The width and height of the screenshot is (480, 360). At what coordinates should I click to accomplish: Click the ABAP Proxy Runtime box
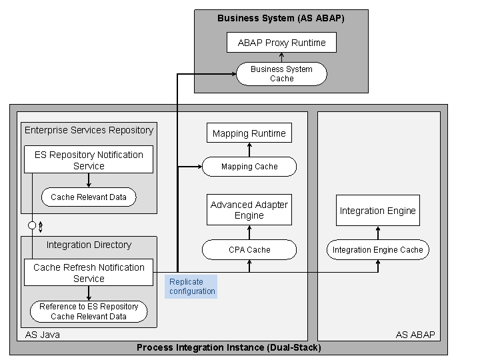click(x=281, y=43)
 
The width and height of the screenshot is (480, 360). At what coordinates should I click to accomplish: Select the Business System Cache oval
click(x=281, y=74)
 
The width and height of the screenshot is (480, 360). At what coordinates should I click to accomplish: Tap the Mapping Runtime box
click(x=249, y=133)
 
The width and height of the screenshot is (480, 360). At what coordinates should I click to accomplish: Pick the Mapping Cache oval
click(x=249, y=167)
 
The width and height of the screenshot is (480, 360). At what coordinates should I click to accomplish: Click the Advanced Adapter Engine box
click(x=249, y=210)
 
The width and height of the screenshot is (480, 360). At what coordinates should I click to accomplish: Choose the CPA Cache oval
click(x=249, y=250)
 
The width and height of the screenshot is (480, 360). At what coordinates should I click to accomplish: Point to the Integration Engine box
click(x=377, y=211)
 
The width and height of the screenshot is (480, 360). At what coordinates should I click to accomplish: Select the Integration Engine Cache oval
click(x=377, y=250)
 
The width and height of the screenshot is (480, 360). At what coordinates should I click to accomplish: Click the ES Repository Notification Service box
click(x=89, y=160)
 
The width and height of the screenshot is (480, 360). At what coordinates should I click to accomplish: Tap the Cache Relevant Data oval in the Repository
click(x=89, y=197)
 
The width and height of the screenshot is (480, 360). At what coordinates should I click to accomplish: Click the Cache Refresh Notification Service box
click(x=89, y=273)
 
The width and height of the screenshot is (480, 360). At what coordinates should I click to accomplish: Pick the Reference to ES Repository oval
click(x=89, y=311)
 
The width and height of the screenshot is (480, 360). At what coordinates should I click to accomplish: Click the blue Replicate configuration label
click(x=192, y=287)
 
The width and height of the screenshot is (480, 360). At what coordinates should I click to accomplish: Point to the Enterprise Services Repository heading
click(x=89, y=130)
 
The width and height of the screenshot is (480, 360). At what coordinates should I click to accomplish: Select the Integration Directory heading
click(x=89, y=245)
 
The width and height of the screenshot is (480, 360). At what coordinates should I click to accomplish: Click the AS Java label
click(x=42, y=335)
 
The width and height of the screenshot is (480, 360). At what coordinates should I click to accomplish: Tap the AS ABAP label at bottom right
click(x=415, y=335)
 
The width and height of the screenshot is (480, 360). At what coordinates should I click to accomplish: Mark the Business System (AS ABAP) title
click(x=281, y=18)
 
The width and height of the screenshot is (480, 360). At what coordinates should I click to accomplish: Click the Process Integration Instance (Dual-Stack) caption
click(x=229, y=347)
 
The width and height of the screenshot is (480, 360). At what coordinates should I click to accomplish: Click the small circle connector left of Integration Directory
click(x=32, y=225)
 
